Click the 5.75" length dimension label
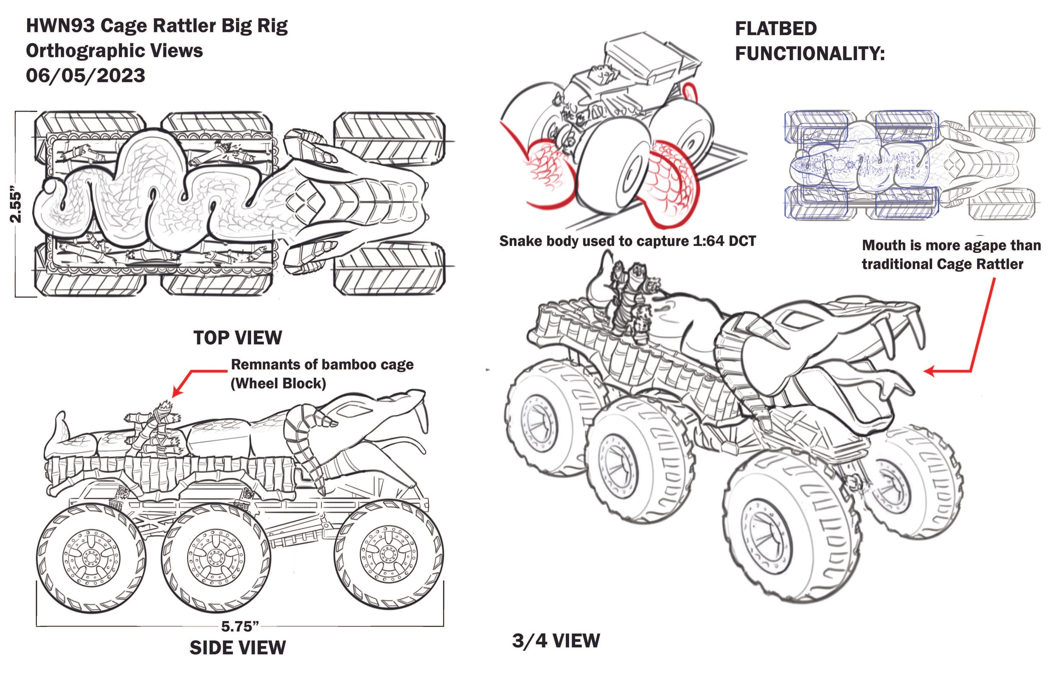tap(240, 626)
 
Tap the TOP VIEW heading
tap(238, 337)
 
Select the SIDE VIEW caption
tap(238, 647)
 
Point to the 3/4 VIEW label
tap(556, 641)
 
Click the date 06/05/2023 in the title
tap(86, 75)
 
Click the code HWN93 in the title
tap(60, 26)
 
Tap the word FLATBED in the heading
tap(776, 28)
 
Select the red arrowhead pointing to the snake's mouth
tap(929, 371)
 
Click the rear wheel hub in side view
tap(91, 557)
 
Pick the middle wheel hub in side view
tap(216, 557)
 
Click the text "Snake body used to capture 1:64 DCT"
tap(627, 241)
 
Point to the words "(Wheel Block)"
tap(278, 384)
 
